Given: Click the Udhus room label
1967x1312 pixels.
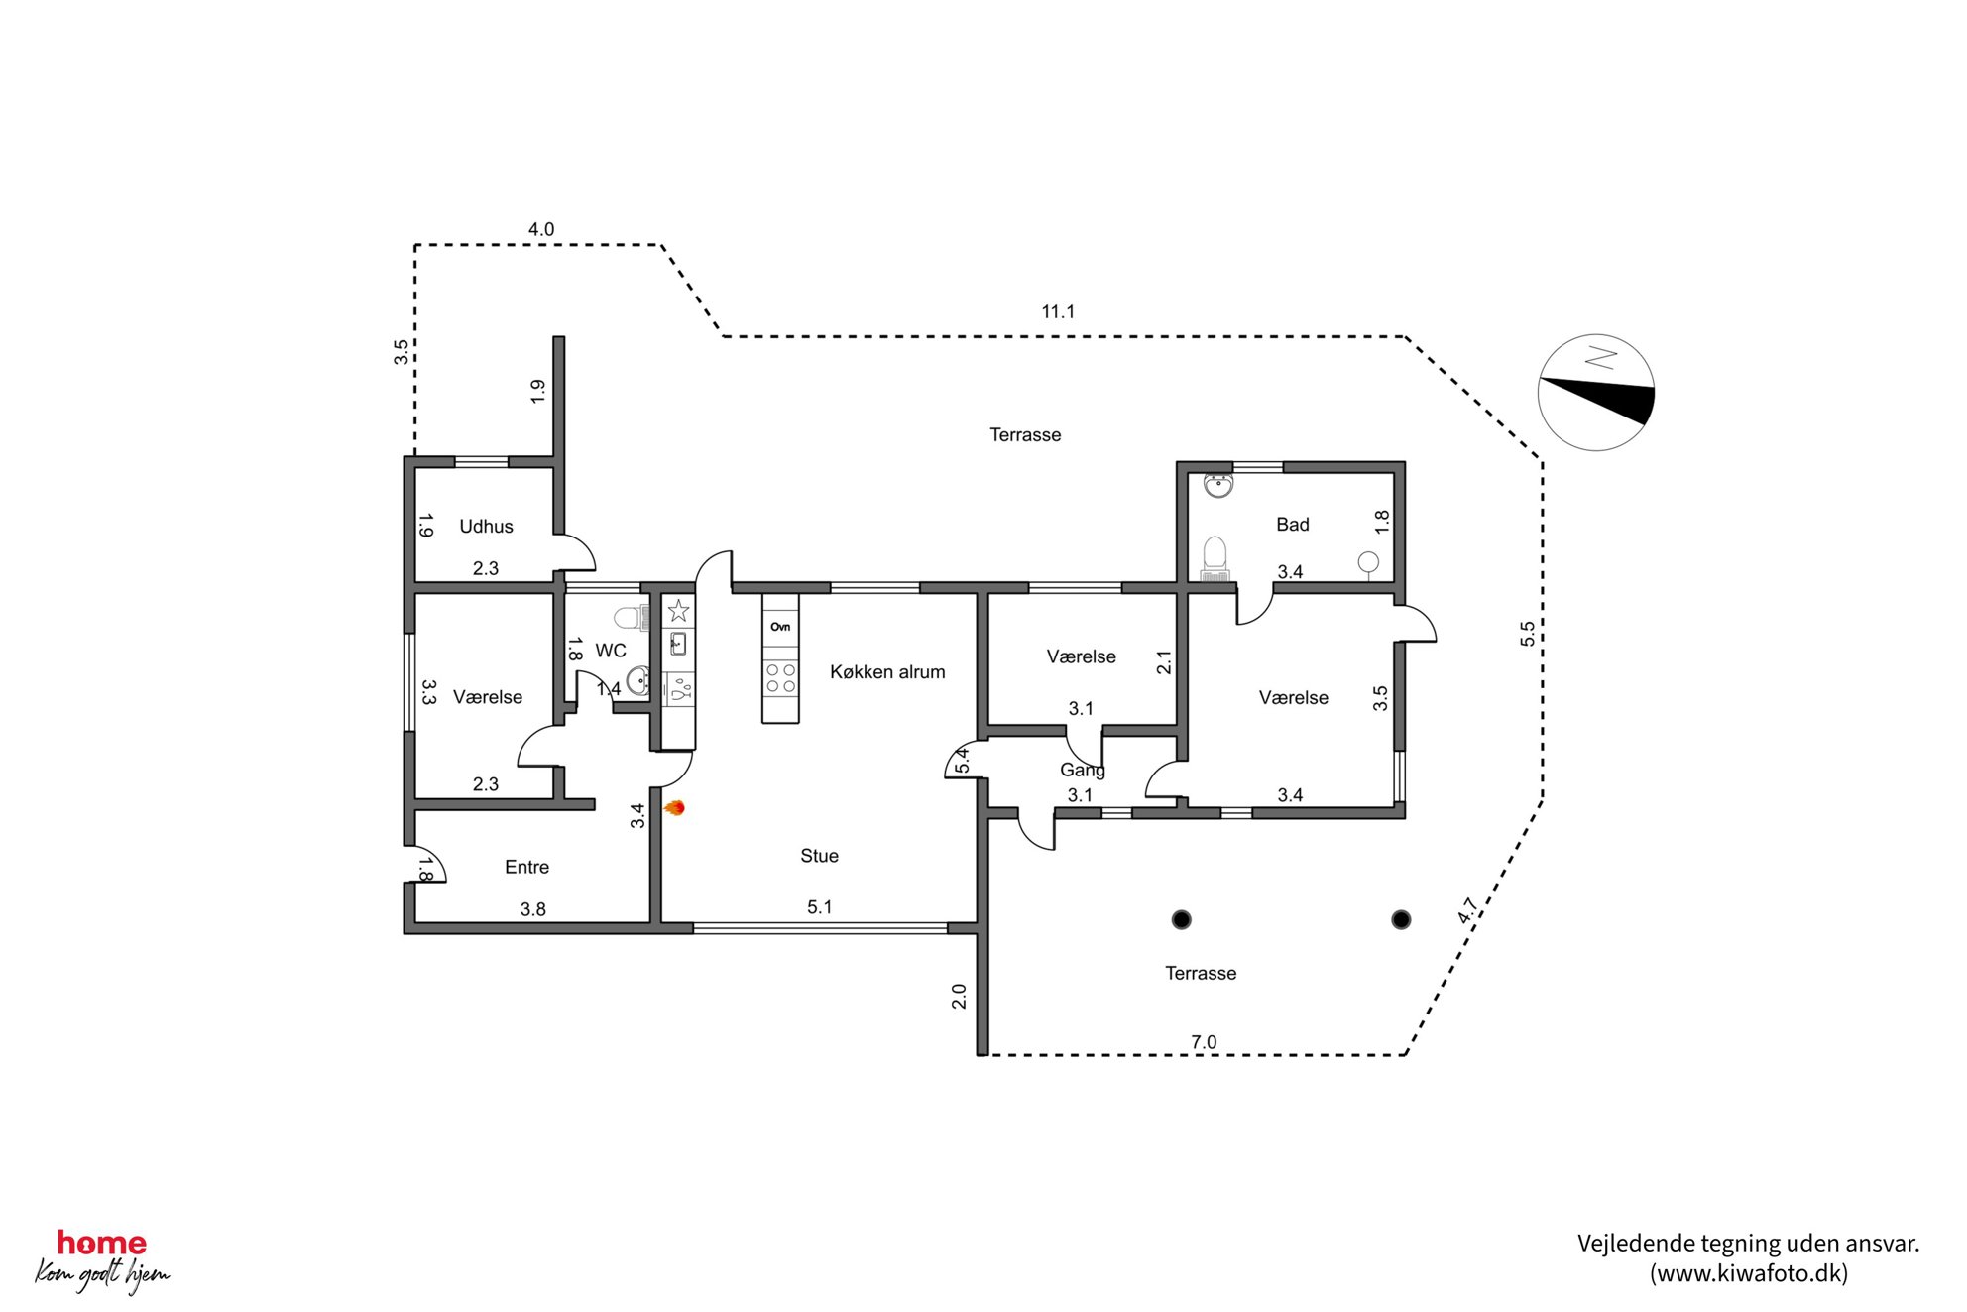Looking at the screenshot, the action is (x=486, y=527).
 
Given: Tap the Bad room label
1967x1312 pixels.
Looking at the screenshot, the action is (x=1292, y=525).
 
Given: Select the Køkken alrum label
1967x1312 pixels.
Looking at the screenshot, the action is (x=887, y=672).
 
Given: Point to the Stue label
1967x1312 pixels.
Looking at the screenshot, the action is (x=819, y=856).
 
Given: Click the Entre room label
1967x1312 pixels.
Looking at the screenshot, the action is (x=526, y=868).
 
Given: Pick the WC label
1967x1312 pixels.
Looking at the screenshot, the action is (x=611, y=651).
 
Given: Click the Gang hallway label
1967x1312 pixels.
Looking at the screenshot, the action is (x=1082, y=770).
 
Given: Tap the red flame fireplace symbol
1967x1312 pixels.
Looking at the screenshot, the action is (x=674, y=808).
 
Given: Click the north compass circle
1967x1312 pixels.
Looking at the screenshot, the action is (x=1595, y=393).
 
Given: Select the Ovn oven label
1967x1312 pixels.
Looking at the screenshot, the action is (x=780, y=627).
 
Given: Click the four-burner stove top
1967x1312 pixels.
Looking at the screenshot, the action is (x=780, y=678).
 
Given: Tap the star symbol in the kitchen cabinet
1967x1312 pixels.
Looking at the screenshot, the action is (x=678, y=610).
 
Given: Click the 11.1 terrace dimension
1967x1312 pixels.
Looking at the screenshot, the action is (x=1058, y=312).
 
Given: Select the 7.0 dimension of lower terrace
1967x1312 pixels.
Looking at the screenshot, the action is (x=1203, y=1042).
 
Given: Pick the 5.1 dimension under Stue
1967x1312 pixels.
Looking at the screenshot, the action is (x=819, y=907).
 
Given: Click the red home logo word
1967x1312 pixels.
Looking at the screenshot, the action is (x=101, y=1243).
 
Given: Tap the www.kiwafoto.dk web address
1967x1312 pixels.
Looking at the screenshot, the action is (x=1749, y=1274).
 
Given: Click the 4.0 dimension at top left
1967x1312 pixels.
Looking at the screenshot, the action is (x=540, y=230).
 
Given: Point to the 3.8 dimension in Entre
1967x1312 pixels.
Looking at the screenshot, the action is (x=532, y=909).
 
